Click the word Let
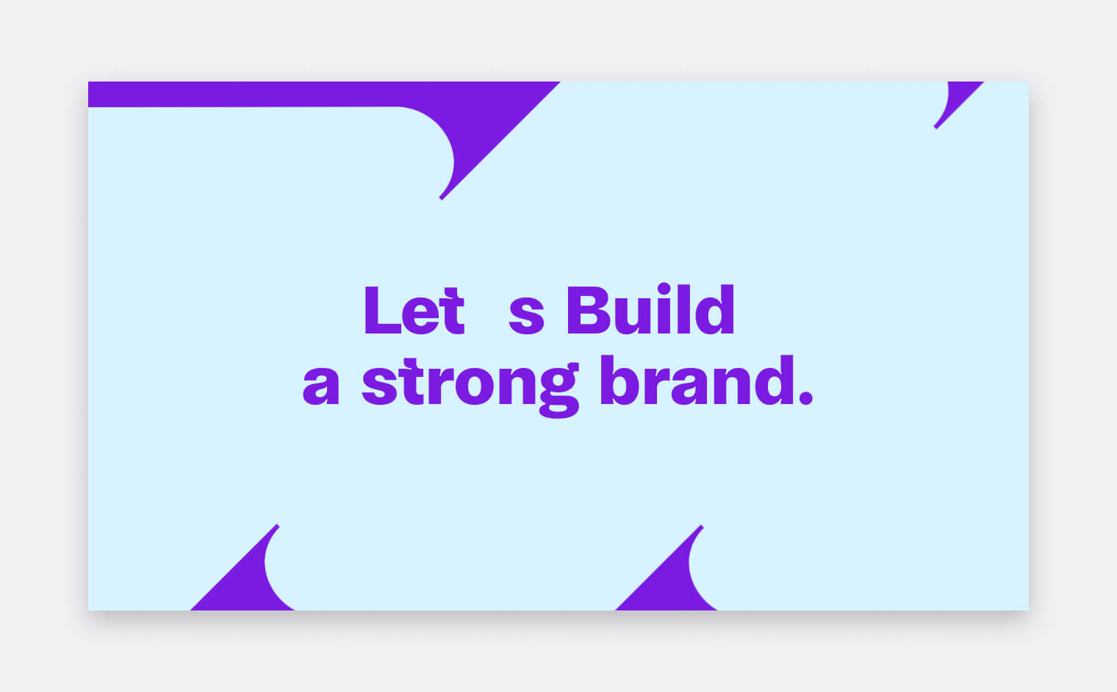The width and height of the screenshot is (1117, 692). [x=414, y=310]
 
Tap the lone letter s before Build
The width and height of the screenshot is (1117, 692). [x=526, y=316]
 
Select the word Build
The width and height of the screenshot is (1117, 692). [x=650, y=309]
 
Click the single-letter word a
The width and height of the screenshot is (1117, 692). [x=321, y=386]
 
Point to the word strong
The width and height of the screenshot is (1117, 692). [x=471, y=387]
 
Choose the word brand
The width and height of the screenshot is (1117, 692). [x=697, y=380]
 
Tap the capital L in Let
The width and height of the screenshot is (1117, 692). [x=383, y=310]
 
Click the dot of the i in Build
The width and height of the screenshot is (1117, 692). [x=664, y=289]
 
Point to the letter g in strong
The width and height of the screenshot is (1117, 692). [x=559, y=391]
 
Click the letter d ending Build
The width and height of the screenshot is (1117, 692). [x=714, y=309]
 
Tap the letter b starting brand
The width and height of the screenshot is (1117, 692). [x=619, y=381]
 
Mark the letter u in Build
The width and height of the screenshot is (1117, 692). [x=633, y=317]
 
